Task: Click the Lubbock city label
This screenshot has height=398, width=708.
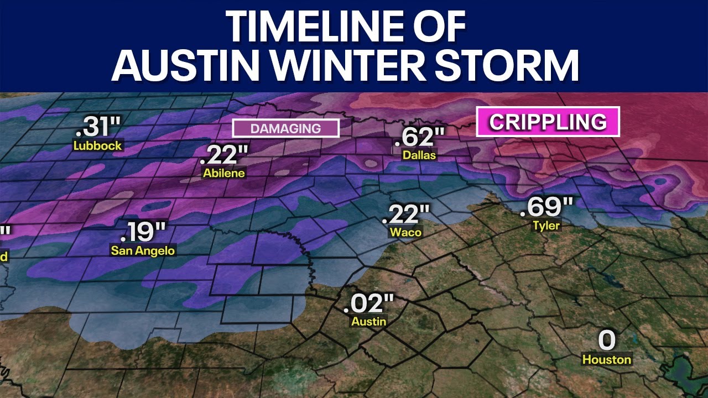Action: click(98, 146)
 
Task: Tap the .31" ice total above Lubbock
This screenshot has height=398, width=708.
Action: click(97, 128)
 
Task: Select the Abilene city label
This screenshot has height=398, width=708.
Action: click(224, 173)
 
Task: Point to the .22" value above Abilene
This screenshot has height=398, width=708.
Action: click(224, 155)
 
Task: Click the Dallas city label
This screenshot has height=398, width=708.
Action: click(419, 155)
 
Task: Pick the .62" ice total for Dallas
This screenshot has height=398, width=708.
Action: click(420, 137)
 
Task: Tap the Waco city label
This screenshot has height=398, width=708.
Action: click(405, 232)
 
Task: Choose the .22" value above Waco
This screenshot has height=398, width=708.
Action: click(405, 214)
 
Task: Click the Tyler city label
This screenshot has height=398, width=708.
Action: click(546, 225)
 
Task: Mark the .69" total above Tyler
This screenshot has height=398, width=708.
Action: click(546, 207)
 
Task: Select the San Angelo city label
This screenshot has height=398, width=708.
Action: click(143, 250)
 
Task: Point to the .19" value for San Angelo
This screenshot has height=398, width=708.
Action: click(143, 232)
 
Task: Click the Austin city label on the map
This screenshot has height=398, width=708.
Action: click(369, 321)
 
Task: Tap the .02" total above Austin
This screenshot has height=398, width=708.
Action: click(368, 303)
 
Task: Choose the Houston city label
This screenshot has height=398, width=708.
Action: click(607, 359)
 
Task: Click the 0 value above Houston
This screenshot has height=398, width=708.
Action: click(607, 341)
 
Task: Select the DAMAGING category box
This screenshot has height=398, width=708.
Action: click(285, 128)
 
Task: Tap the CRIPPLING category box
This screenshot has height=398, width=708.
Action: click(548, 122)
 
